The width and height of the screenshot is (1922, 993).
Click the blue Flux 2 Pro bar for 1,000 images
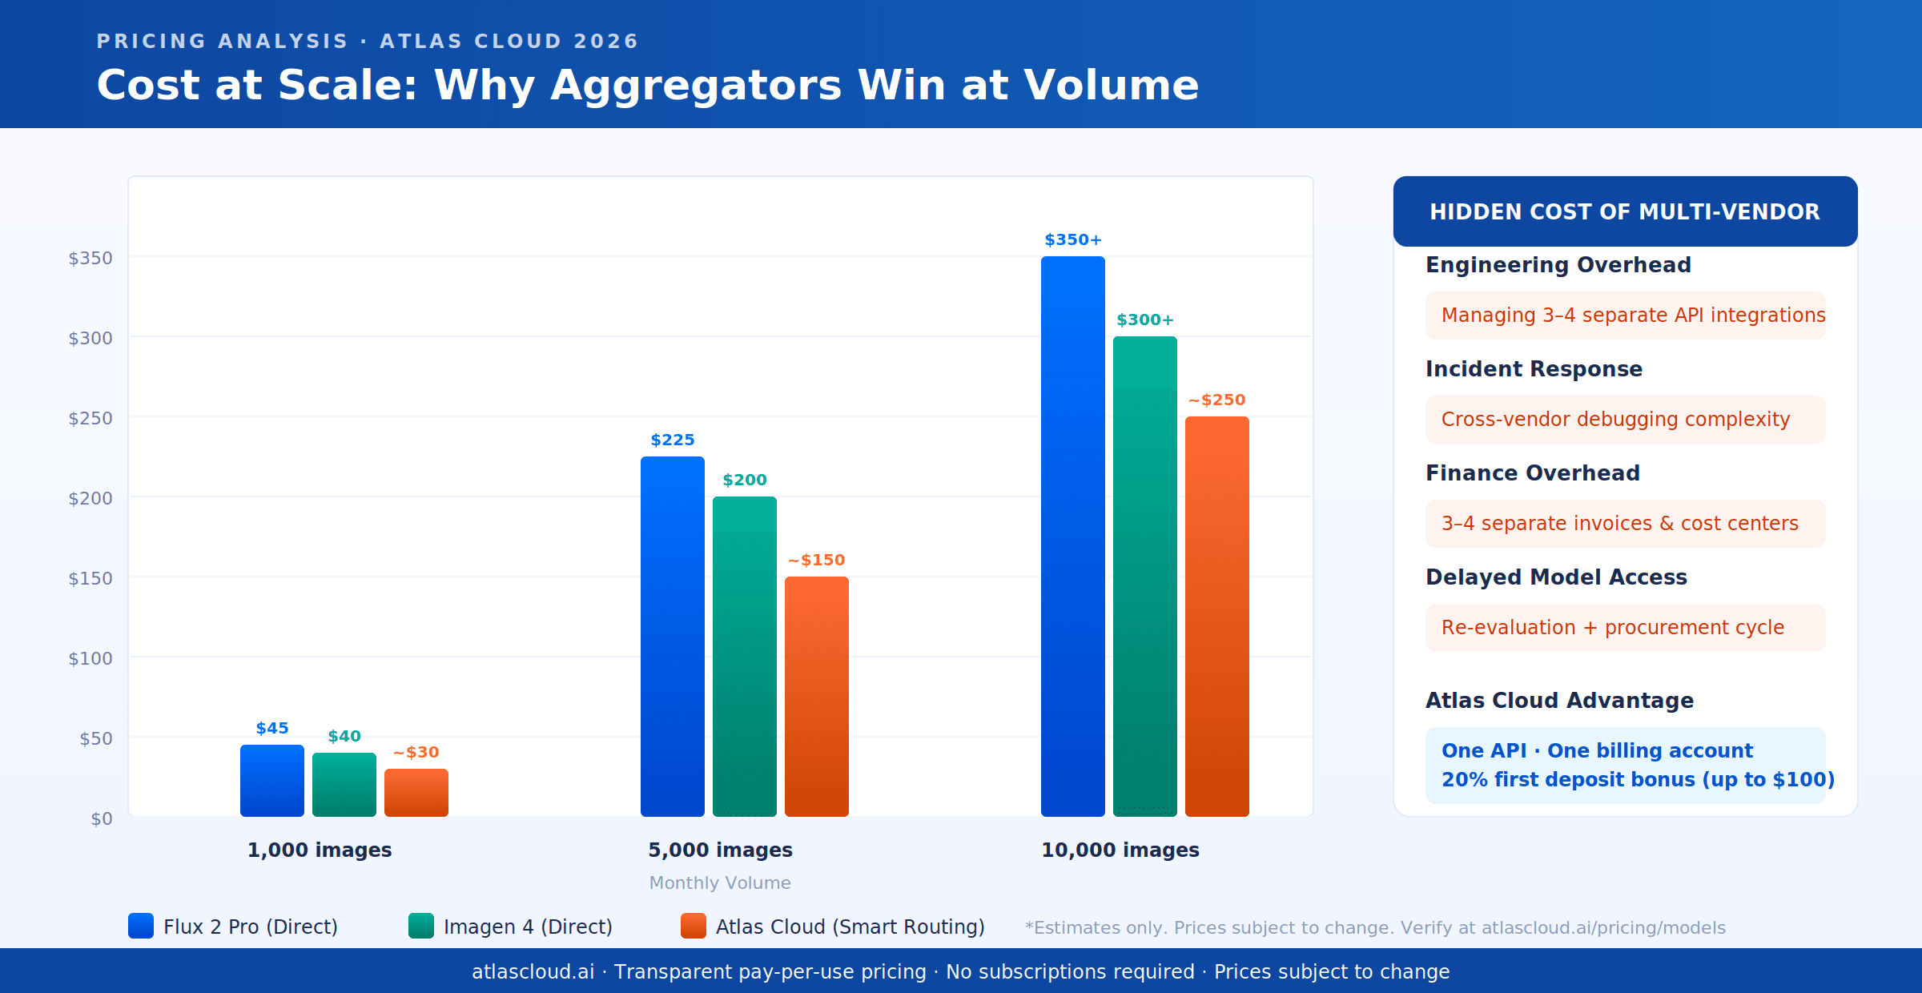tap(272, 781)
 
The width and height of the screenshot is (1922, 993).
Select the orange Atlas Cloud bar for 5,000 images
tap(817, 697)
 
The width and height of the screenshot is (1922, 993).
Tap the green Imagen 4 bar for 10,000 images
tap(1145, 577)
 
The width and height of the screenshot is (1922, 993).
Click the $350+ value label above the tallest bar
tap(1073, 240)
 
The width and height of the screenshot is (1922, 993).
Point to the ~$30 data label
tap(416, 753)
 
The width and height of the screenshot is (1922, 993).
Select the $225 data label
tap(673, 440)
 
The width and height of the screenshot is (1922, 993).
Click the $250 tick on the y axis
tap(90, 418)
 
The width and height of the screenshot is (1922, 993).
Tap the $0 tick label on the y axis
tap(102, 818)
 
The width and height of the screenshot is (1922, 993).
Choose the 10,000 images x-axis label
tap(1120, 850)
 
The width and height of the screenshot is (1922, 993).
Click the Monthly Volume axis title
tap(720, 882)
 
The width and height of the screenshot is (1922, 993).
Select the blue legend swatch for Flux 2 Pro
tap(141, 926)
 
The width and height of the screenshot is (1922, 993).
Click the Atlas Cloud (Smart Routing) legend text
tap(850, 927)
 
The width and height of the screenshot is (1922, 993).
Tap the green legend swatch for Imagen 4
tap(421, 926)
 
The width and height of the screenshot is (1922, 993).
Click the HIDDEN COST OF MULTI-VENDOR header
tap(1625, 212)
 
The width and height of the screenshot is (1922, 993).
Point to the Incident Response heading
tap(1534, 369)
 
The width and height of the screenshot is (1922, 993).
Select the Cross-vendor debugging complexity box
tap(1625, 420)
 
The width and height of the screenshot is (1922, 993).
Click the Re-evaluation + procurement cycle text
tap(1613, 628)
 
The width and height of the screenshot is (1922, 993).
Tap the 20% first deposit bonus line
tap(1638, 780)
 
